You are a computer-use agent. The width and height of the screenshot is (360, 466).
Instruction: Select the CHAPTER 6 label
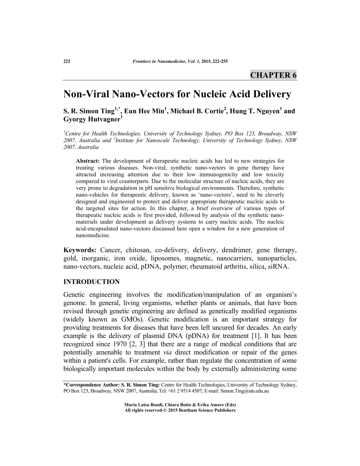pyautogui.click(x=274, y=75)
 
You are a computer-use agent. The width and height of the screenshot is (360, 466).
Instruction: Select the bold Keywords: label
pyautogui.click(x=81, y=251)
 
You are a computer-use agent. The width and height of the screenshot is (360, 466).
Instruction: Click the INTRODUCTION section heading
pyautogui.click(x=91, y=282)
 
